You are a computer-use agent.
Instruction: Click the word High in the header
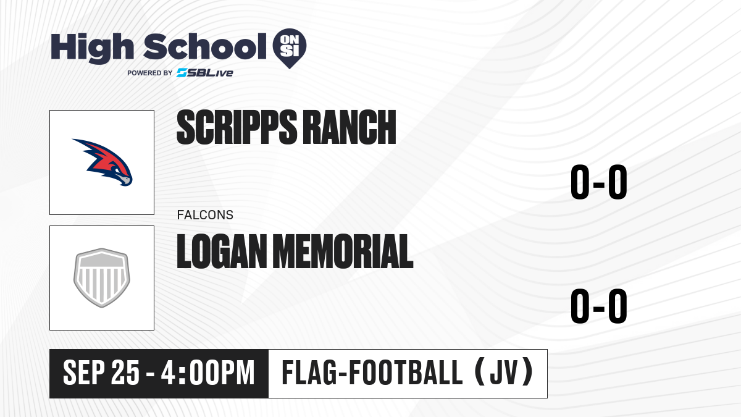click(x=92, y=48)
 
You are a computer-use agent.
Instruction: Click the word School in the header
click(x=205, y=46)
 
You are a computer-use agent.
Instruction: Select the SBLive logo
click(x=205, y=73)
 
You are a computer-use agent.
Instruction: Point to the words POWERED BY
click(x=150, y=73)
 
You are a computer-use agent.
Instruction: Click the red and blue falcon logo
click(x=103, y=162)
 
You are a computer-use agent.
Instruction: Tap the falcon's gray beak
click(x=125, y=180)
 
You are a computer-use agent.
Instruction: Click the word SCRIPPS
click(x=237, y=127)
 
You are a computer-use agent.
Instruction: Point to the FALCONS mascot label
click(x=205, y=215)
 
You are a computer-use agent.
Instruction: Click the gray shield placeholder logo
click(x=102, y=277)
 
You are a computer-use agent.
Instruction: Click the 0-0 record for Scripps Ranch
click(x=599, y=182)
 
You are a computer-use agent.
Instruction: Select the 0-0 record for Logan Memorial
click(x=599, y=306)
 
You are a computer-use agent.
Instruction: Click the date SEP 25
click(x=101, y=373)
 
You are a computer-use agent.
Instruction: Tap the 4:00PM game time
click(x=207, y=373)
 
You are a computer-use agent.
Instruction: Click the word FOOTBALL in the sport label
click(x=406, y=373)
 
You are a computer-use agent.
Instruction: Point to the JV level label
click(x=504, y=373)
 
